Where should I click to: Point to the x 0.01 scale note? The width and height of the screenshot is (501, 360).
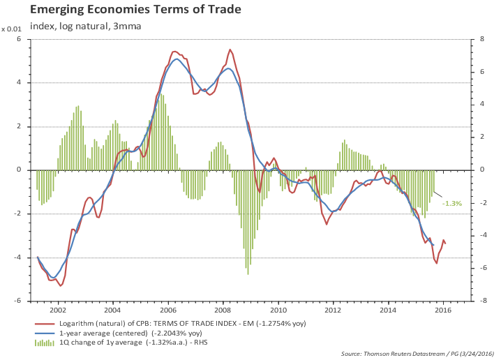click(13, 29)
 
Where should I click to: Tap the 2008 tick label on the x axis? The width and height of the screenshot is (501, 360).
click(223, 309)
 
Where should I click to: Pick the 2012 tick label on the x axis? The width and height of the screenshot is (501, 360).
click(333, 309)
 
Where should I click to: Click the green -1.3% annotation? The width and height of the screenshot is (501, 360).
click(452, 203)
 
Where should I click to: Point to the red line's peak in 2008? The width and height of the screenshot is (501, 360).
click(230, 50)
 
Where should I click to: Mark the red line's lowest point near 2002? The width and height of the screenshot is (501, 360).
click(61, 285)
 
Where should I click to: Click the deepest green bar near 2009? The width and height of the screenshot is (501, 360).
click(248, 274)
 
